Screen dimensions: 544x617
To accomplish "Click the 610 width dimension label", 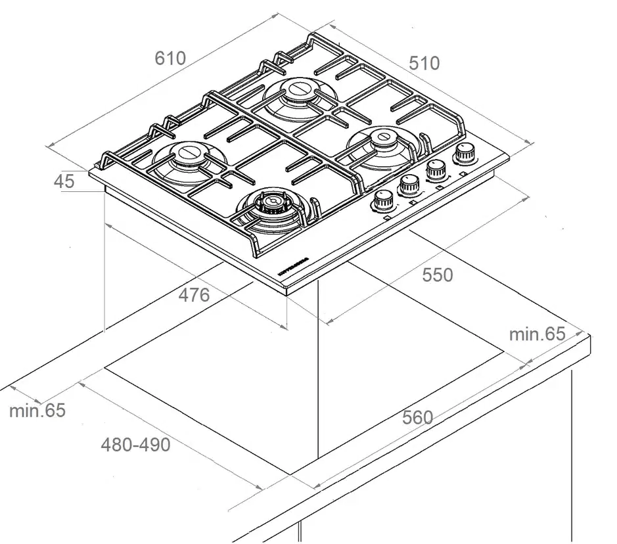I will click(170, 58).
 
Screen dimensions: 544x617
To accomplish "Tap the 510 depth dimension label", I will click(424, 63).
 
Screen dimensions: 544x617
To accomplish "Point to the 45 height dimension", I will click(64, 182).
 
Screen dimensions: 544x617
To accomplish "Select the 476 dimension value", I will click(194, 295).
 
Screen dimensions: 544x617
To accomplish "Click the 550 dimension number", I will click(437, 275).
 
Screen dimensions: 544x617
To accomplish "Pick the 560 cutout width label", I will click(417, 417).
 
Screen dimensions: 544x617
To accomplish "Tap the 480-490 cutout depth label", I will click(135, 445).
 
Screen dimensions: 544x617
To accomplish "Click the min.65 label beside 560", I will click(537, 334).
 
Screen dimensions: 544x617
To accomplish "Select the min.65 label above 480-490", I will click(37, 411).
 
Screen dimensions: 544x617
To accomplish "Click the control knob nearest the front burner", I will click(382, 200).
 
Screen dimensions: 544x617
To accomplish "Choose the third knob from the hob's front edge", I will click(435, 170).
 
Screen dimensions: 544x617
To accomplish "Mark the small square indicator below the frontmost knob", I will click(388, 217).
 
